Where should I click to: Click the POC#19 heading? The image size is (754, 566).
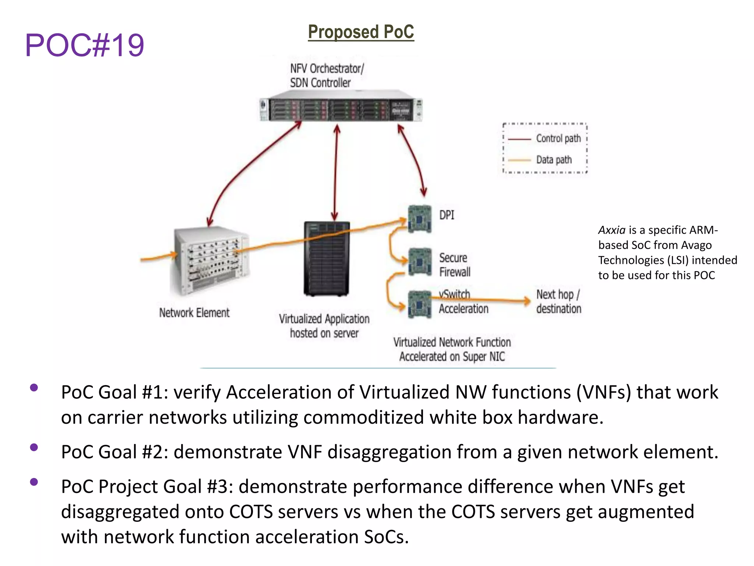(84, 45)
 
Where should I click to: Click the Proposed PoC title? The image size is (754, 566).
(361, 32)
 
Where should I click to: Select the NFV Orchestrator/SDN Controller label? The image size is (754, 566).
(327, 76)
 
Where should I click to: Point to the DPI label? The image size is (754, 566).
(447, 215)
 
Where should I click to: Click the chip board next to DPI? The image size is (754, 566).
(420, 219)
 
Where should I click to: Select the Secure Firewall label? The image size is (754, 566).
(454, 265)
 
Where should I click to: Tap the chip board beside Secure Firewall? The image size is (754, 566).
(420, 262)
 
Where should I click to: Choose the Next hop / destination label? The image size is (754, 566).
(559, 301)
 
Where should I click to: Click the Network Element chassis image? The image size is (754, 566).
(210, 260)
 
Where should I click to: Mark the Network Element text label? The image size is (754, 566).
(194, 313)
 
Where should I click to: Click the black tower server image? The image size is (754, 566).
(327, 259)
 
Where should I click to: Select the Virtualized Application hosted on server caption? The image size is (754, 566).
(324, 326)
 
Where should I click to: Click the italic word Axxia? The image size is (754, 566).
(612, 230)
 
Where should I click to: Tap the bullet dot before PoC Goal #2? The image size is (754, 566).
(34, 447)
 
